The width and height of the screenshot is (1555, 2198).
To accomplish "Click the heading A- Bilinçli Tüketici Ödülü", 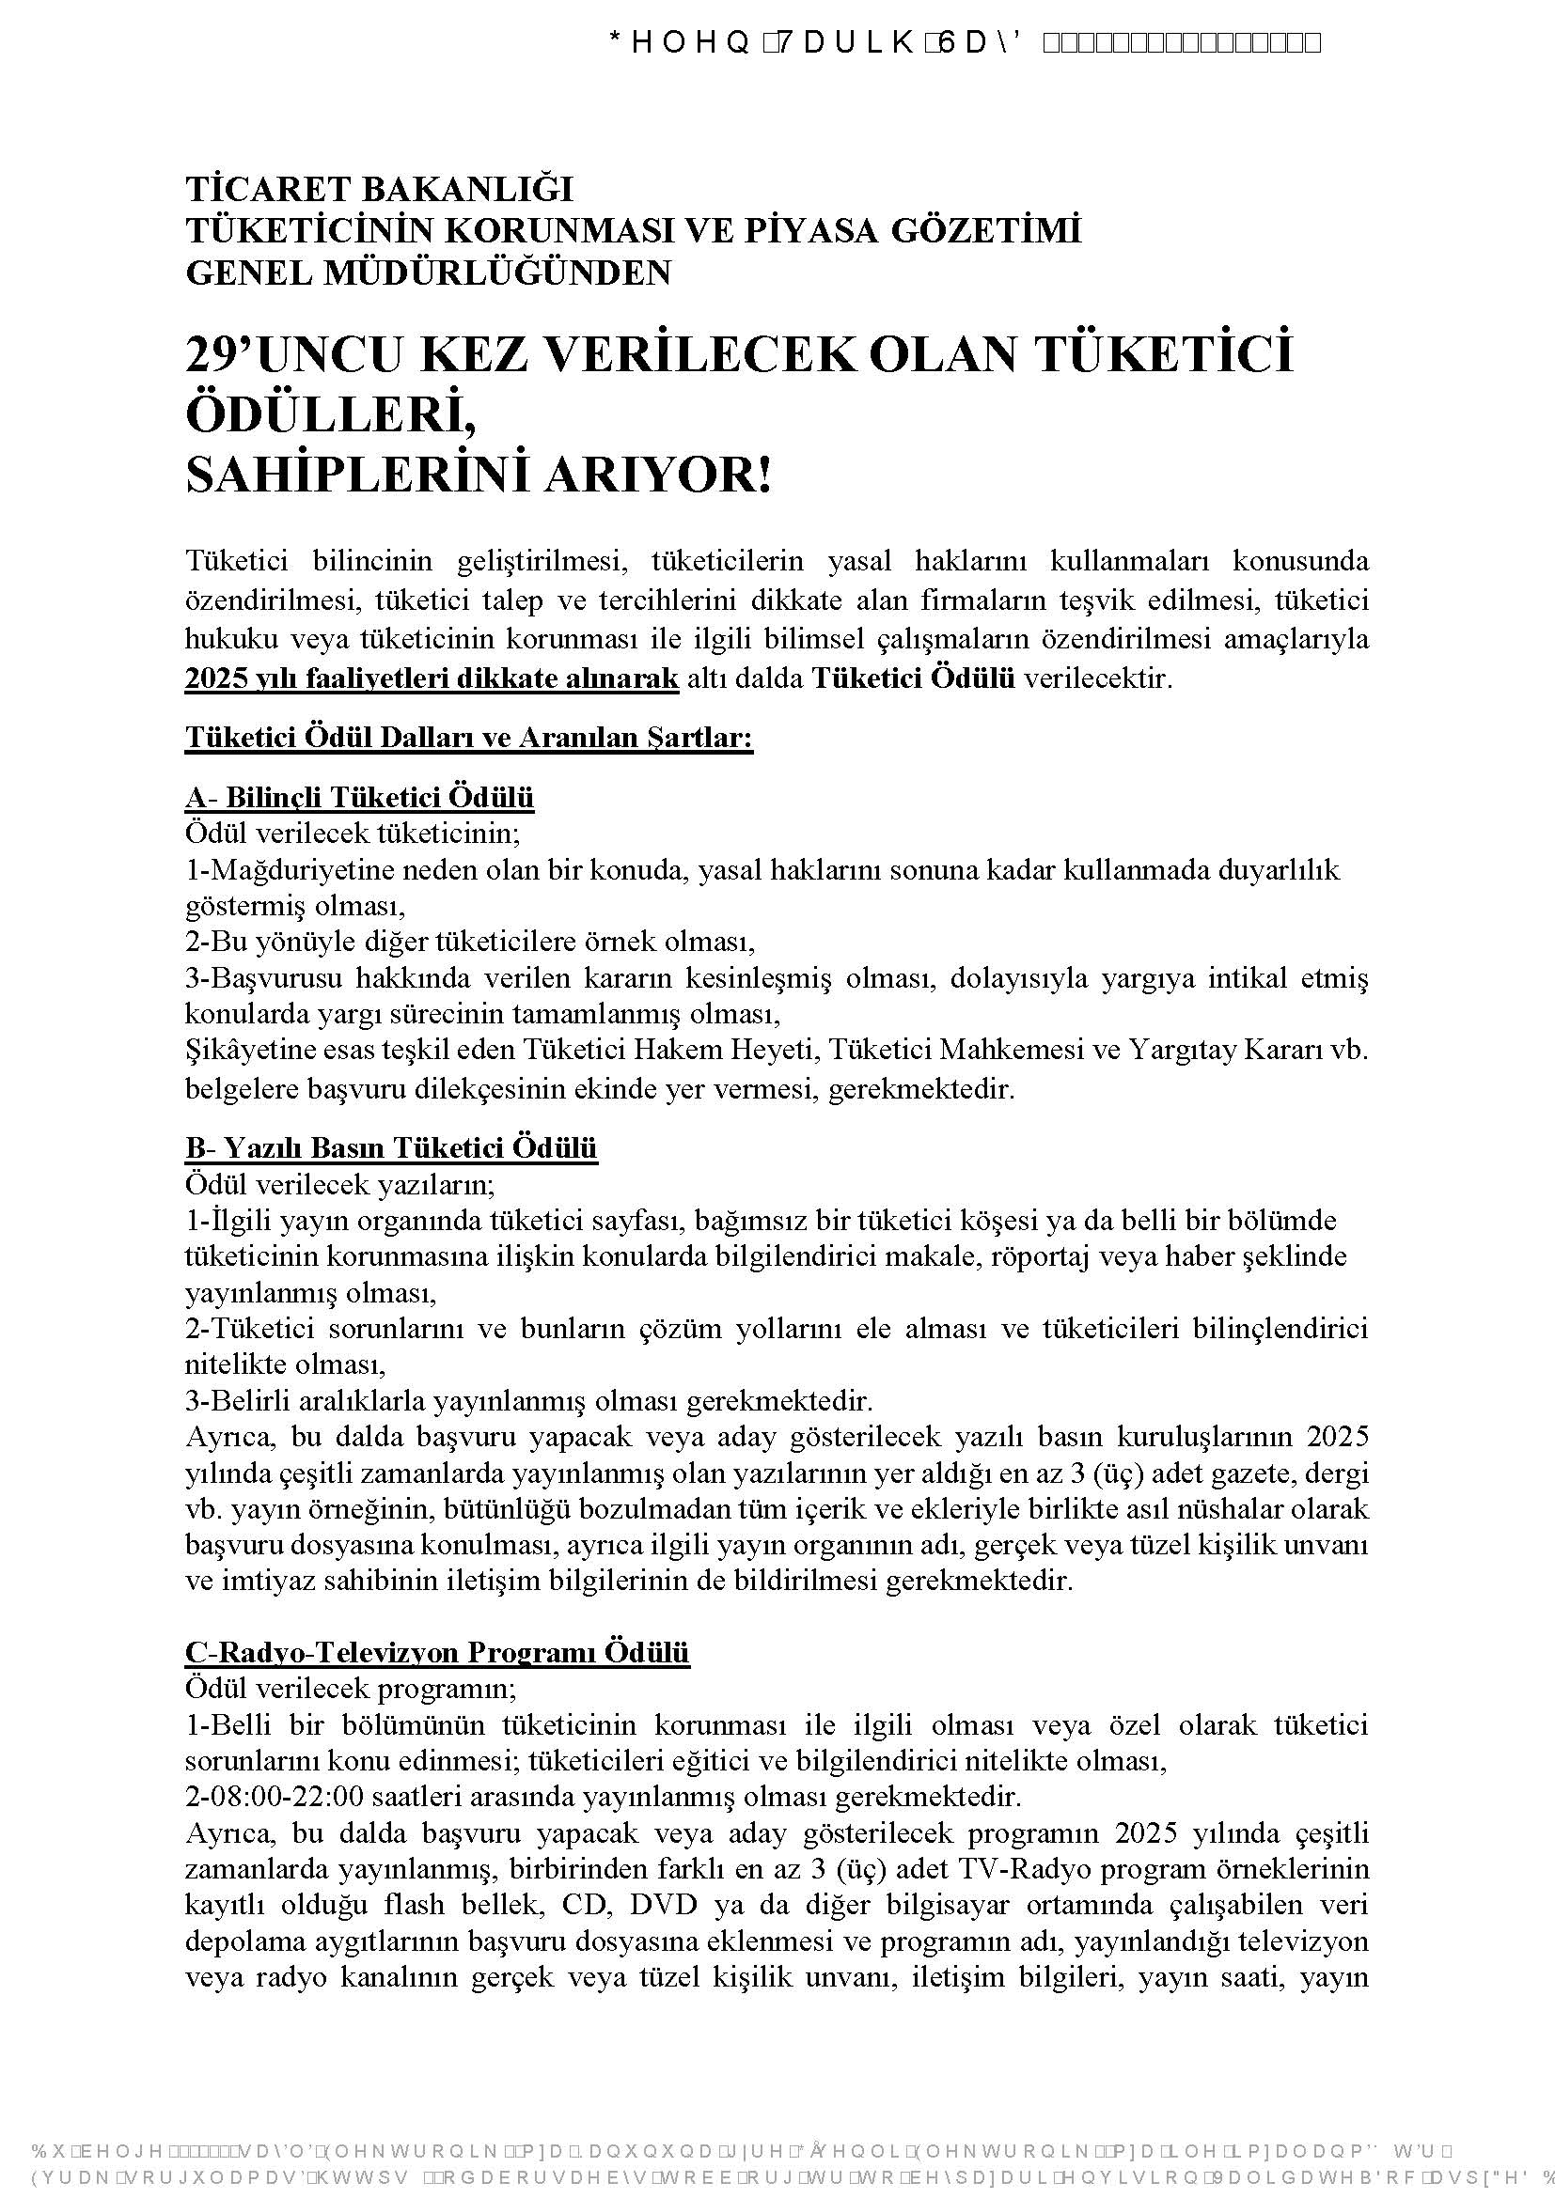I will [359, 798].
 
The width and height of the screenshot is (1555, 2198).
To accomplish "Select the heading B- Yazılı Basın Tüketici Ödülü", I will [391, 1147].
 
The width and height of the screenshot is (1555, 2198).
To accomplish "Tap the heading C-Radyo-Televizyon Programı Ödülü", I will [436, 1653].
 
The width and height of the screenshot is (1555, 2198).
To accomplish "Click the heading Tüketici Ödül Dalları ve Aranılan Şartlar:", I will [468, 738].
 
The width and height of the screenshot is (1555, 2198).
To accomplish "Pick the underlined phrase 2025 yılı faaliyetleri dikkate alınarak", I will [431, 679].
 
